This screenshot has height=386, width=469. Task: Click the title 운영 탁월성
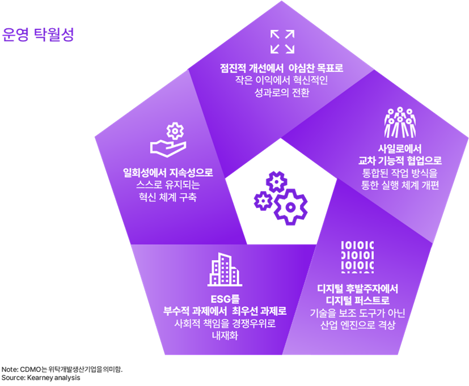pyautogui.click(x=39, y=34)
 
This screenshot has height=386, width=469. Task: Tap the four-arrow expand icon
pyautogui.click(x=282, y=41)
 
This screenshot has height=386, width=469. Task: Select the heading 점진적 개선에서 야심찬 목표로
pyautogui.click(x=282, y=68)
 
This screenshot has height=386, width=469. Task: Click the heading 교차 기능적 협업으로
pyautogui.click(x=400, y=160)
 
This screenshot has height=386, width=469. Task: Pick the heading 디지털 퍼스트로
pyautogui.click(x=357, y=300)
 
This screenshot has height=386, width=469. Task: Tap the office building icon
pyautogui.click(x=225, y=269)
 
